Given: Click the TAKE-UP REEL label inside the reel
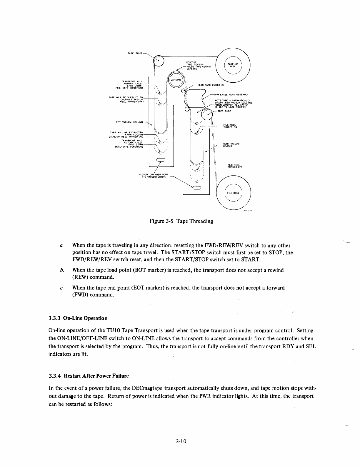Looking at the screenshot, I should [x=233, y=65].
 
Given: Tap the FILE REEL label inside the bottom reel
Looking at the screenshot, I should [x=233, y=193].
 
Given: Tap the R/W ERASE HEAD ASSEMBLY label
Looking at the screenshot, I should [x=232, y=94].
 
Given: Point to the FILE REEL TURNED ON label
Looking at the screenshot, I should [x=230, y=126].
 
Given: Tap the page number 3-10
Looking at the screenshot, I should [x=180, y=441].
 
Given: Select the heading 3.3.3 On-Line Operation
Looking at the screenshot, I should [x=78, y=318].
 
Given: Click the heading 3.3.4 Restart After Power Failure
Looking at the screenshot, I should [x=89, y=376].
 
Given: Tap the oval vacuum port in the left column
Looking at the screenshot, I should [x=161, y=160].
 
